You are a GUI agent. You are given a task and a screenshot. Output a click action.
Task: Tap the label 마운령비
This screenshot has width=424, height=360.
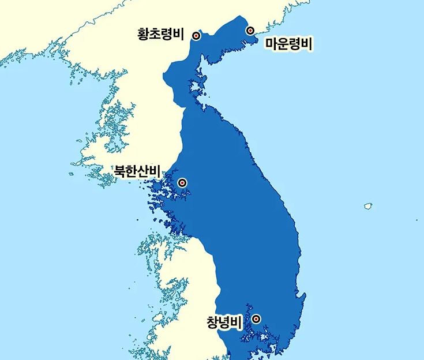click(288, 44)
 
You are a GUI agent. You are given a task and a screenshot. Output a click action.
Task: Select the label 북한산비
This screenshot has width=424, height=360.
click(137, 171)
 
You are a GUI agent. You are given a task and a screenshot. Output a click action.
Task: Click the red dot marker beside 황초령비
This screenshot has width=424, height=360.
click(196, 36)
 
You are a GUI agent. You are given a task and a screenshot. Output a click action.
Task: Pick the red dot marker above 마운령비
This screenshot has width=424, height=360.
click(250, 30)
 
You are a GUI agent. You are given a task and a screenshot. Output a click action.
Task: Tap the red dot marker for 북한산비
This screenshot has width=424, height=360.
click(182, 183)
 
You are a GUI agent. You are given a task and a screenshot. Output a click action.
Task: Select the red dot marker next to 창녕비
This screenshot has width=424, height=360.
click(256, 318)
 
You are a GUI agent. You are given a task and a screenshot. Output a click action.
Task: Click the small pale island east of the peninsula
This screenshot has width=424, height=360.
click(367, 205)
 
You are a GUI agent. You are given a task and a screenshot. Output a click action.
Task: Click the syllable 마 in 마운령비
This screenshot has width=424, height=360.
click(271, 44)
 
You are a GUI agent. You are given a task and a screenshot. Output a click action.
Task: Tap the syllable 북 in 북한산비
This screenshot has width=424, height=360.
click(120, 171)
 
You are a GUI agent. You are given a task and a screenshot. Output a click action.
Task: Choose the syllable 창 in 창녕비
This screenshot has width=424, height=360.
click(213, 322)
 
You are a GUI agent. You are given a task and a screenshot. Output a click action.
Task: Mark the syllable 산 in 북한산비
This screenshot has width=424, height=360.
click(144, 171)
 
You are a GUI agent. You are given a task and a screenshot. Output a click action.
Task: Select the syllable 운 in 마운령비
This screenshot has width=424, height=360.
click(283, 44)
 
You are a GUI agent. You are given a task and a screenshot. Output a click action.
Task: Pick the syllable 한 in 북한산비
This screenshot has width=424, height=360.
click(132, 171)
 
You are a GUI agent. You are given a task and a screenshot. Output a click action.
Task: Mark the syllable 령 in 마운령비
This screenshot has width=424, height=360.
click(295, 44)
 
